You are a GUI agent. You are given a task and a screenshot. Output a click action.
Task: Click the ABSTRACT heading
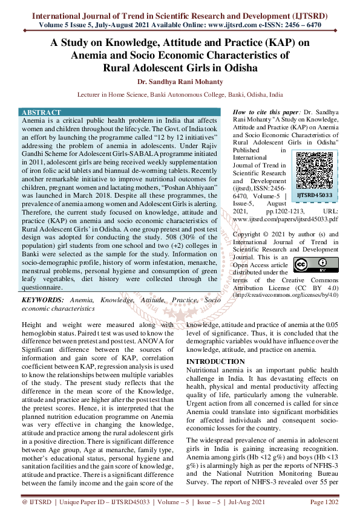point(41,113)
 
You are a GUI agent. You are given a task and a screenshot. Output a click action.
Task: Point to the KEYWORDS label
point(43,300)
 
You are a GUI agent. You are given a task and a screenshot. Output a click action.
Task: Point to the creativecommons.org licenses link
point(284,295)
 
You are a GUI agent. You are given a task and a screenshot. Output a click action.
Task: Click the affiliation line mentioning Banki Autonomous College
point(180,95)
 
